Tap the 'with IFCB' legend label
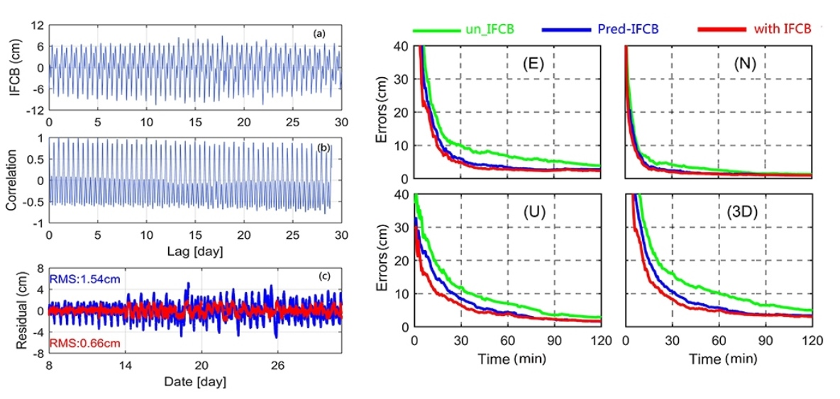783,29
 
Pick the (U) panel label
531,210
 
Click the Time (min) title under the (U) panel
507,359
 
